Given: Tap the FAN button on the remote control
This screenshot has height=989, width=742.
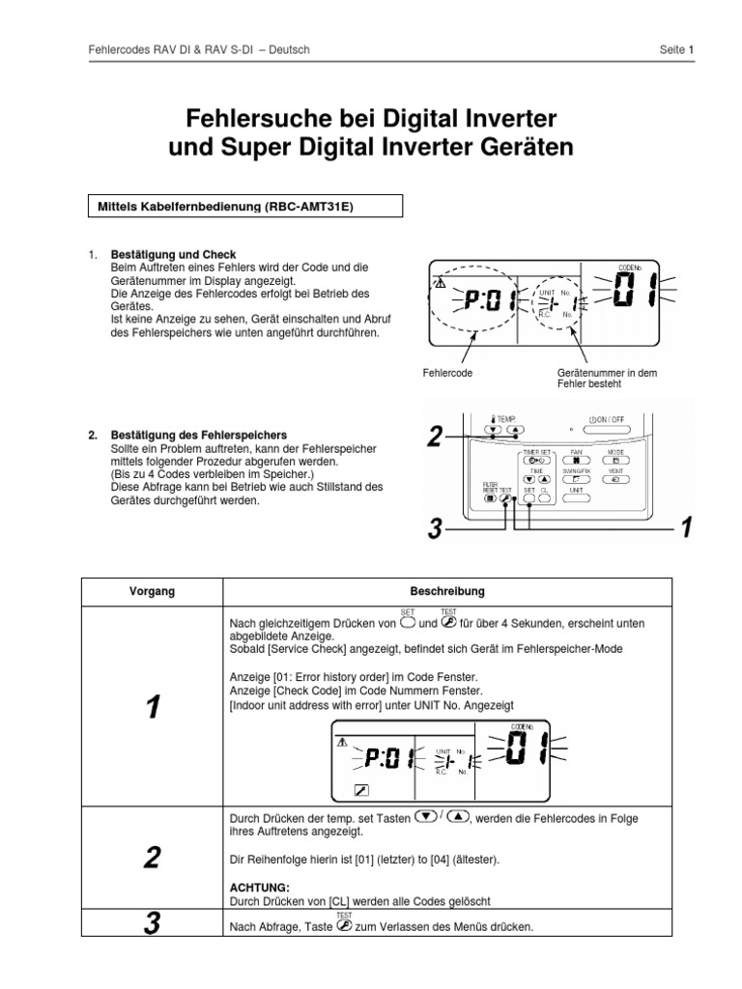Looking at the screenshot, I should coord(576,462).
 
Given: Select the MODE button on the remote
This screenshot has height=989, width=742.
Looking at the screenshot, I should coord(615,462).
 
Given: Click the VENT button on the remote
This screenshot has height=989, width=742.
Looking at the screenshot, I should coord(615,479).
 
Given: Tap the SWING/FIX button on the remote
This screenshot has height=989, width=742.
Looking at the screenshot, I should coord(576,479).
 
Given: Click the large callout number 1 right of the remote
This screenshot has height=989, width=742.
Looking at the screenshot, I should coord(685,526).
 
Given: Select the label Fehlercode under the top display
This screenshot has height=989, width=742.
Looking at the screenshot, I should coord(448,372).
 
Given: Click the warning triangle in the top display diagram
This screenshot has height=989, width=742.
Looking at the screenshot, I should coord(440,284).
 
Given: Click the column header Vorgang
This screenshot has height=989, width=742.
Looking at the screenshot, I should coord(153,591).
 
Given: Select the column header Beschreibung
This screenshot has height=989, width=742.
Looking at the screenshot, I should coord(446,591).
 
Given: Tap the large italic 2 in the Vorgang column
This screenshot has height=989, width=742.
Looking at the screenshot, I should coord(152,856).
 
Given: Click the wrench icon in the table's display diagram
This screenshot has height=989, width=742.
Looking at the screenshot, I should coord(360,789).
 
